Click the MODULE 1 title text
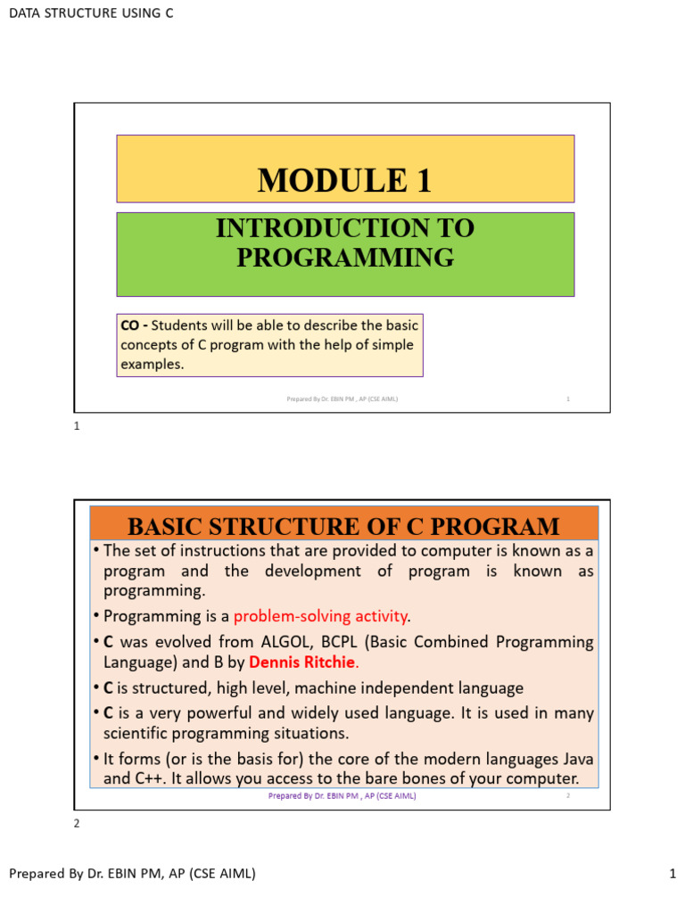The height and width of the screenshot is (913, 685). click(344, 180)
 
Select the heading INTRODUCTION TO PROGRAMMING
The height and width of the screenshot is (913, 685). click(344, 243)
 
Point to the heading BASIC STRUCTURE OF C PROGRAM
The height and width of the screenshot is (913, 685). click(344, 526)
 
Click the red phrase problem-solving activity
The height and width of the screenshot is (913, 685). click(320, 616)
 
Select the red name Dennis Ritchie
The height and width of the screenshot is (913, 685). click(302, 662)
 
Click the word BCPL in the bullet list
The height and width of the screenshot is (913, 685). click(342, 642)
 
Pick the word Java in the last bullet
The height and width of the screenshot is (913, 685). click(575, 759)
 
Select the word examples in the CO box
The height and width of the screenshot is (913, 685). click(152, 364)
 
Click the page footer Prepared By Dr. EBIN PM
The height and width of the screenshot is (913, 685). click(132, 874)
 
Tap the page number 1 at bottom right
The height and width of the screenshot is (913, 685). click(673, 874)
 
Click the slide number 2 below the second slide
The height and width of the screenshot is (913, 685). click(77, 823)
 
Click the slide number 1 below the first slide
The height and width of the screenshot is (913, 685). click(77, 426)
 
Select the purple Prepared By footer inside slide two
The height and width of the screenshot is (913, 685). click(342, 796)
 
